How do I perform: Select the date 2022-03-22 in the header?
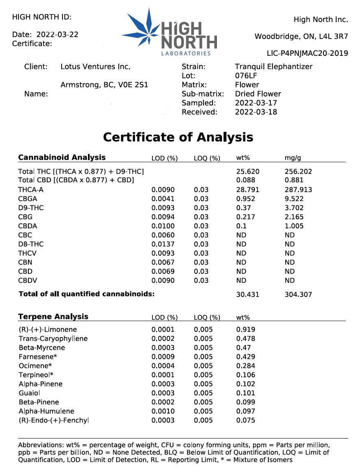[x=58, y=34]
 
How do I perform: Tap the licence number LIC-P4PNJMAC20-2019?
[x=307, y=53]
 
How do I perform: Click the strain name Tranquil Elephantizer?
[x=274, y=67]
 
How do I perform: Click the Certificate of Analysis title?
[x=178, y=137]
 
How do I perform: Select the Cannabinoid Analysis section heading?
[x=62, y=157]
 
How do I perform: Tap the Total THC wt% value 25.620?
[x=248, y=172]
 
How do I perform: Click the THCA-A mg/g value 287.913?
[x=298, y=190]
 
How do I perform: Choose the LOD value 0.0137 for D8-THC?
[x=163, y=244]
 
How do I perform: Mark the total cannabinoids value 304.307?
[x=298, y=294]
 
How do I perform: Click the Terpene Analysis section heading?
[x=53, y=317]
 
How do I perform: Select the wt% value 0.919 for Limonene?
[x=246, y=329]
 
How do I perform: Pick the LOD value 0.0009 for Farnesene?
[x=163, y=357]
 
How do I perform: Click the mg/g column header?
[x=292, y=158]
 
